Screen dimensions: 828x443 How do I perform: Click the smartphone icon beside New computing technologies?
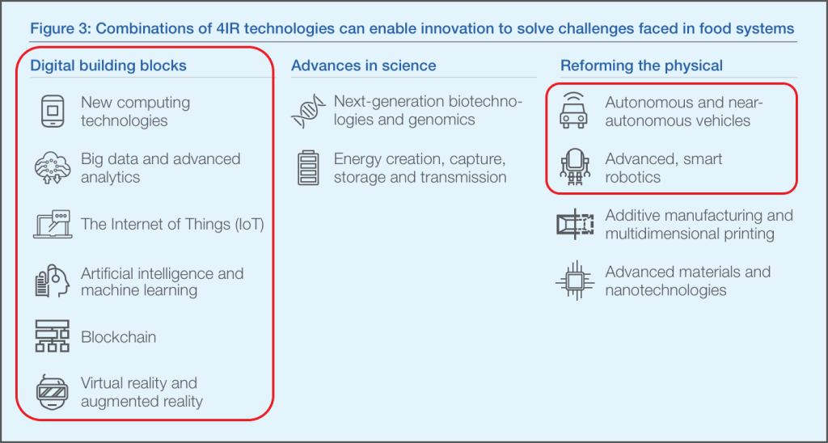click(53, 111)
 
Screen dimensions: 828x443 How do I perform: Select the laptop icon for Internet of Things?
click(52, 225)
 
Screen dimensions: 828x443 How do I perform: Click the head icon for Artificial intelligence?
click(52, 281)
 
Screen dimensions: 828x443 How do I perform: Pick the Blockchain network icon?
click(52, 336)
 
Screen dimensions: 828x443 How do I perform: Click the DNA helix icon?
click(308, 111)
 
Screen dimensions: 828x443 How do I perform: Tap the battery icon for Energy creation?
click(308, 168)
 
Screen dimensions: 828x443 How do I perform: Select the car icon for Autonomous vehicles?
click(573, 111)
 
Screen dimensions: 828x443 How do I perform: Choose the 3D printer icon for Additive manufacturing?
click(575, 225)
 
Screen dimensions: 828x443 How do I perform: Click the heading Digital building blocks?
click(108, 65)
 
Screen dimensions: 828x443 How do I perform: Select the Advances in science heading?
click(364, 65)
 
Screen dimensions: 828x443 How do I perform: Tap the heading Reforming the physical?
click(641, 65)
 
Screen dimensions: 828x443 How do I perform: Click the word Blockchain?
click(119, 337)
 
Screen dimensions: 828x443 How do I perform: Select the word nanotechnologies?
click(666, 290)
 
